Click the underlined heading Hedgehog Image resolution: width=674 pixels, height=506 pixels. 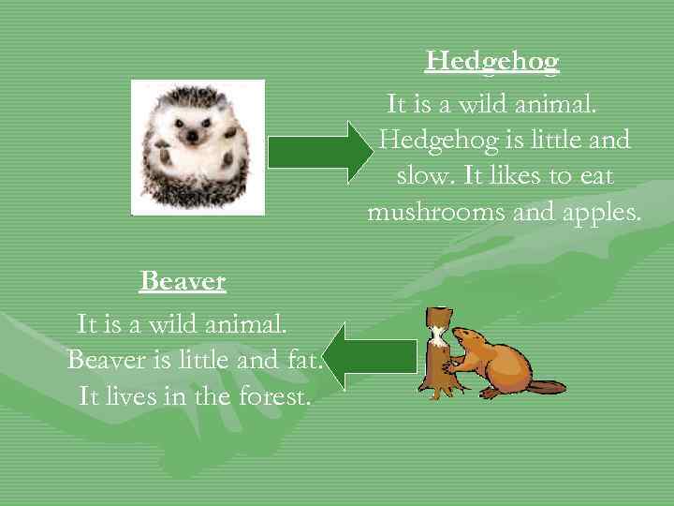pos(491,62)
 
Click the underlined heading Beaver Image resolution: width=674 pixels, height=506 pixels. pos(183,280)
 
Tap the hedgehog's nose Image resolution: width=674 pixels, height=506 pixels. pos(193,136)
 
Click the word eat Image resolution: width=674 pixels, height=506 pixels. pos(592,176)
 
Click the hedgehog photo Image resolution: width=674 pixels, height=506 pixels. pos(198,147)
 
